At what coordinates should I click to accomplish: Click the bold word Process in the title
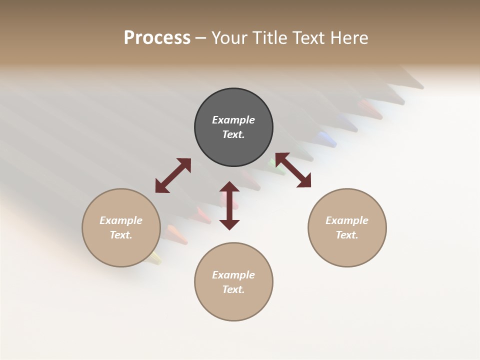coord(157,38)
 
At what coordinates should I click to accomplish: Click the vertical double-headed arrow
coord(229,205)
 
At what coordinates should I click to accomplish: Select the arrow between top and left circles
coord(173,175)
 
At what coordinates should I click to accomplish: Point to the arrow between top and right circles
coord(293,170)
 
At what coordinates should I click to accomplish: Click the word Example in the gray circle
coord(233,120)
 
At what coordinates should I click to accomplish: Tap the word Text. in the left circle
coord(121,235)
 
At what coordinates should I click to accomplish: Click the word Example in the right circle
coord(347,220)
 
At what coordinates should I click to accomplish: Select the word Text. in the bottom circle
coord(233,289)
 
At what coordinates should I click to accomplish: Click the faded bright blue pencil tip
coord(327,137)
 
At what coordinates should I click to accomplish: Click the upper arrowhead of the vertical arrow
coord(229,187)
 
